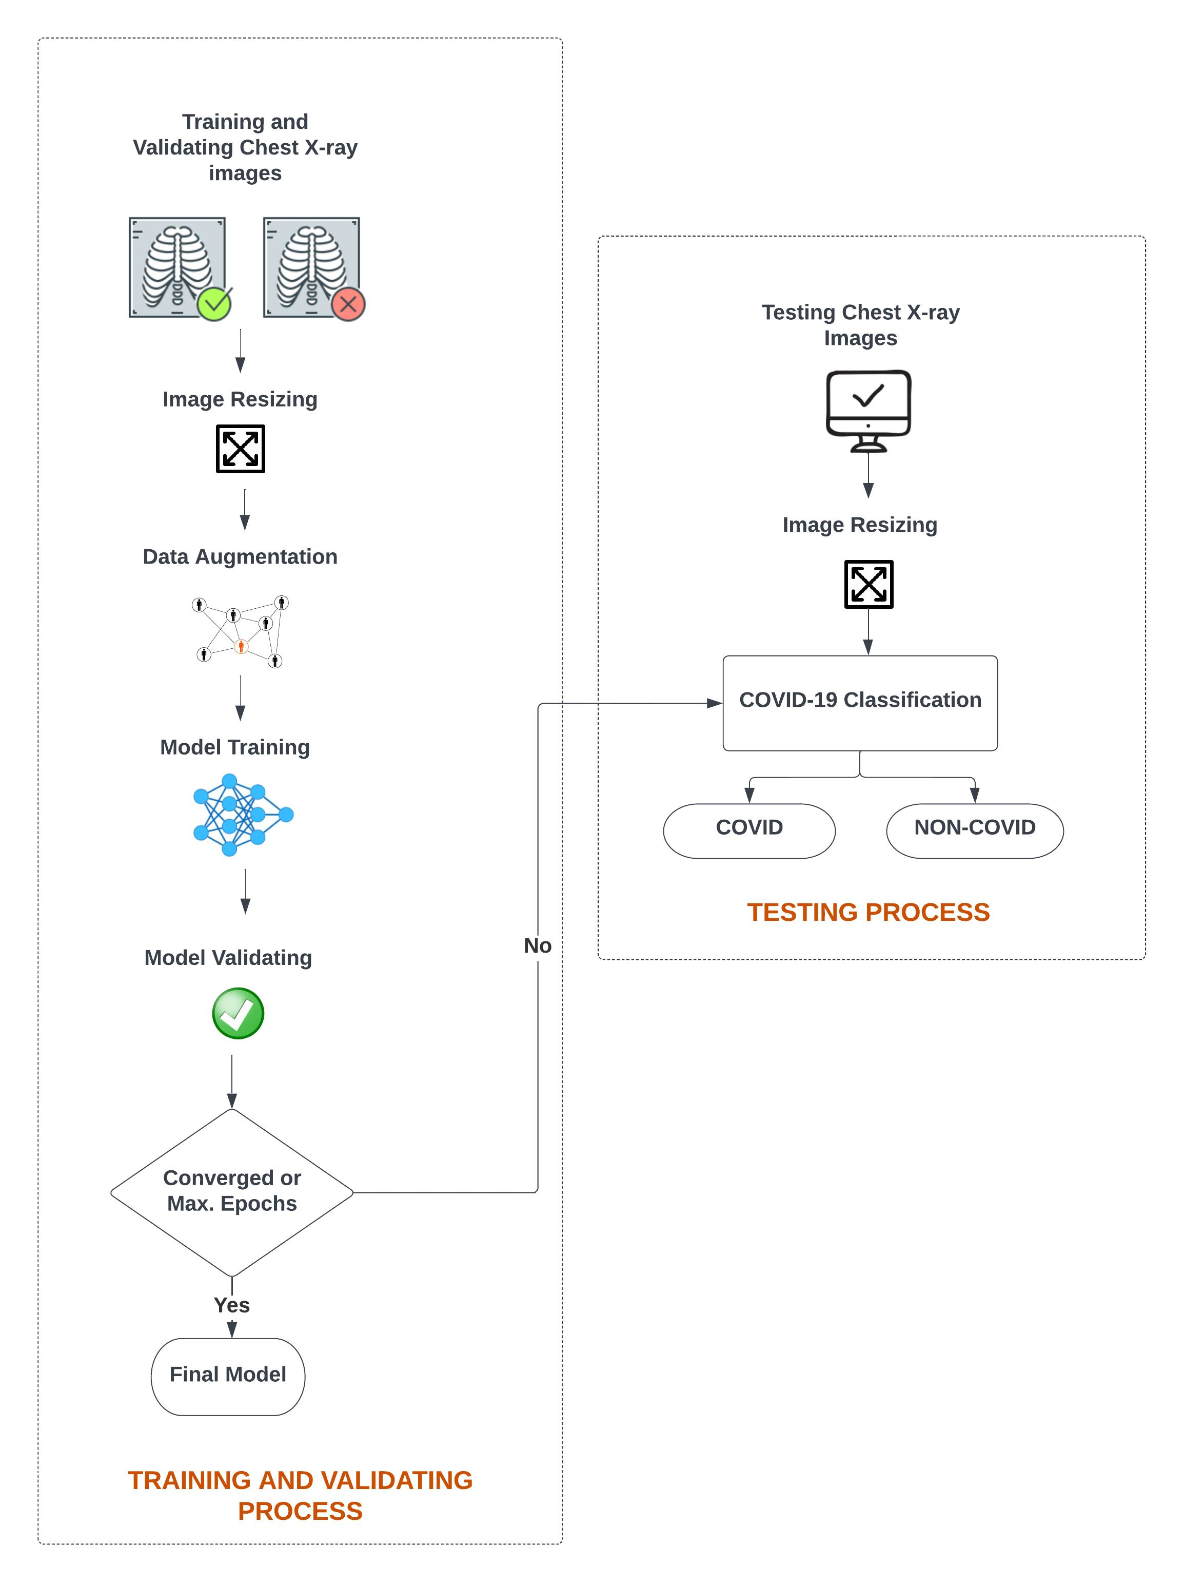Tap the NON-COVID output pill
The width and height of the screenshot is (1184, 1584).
974,830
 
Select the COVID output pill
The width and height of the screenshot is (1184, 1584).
749,830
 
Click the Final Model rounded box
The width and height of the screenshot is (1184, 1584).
228,1376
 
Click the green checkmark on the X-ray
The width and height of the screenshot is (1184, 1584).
214,304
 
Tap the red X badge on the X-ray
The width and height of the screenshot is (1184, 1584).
348,304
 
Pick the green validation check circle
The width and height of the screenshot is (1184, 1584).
238,1013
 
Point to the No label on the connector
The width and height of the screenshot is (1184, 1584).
537,945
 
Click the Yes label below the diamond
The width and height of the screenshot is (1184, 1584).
231,1305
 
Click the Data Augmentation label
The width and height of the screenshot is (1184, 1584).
240,556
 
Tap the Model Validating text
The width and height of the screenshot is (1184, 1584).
228,957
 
